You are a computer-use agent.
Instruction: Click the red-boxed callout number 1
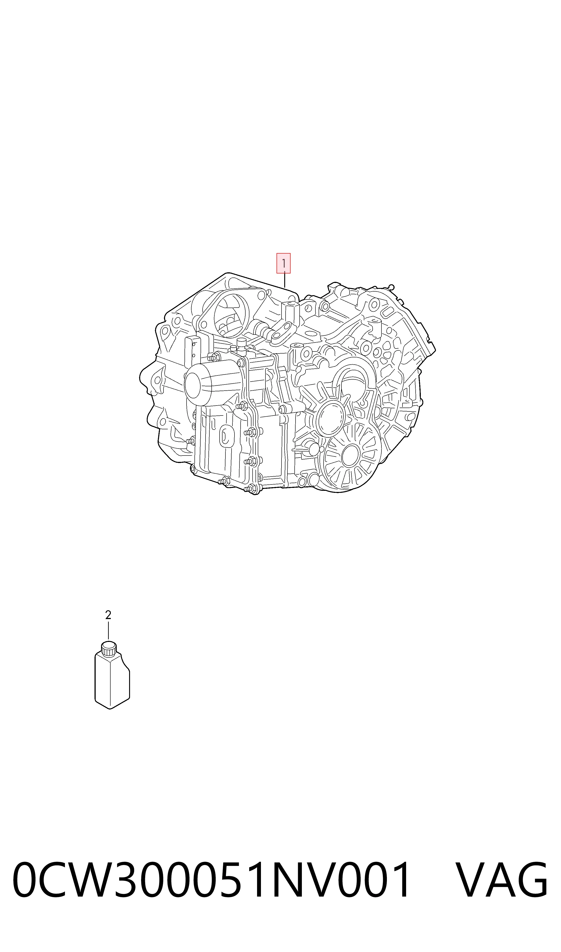tap(284, 263)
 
